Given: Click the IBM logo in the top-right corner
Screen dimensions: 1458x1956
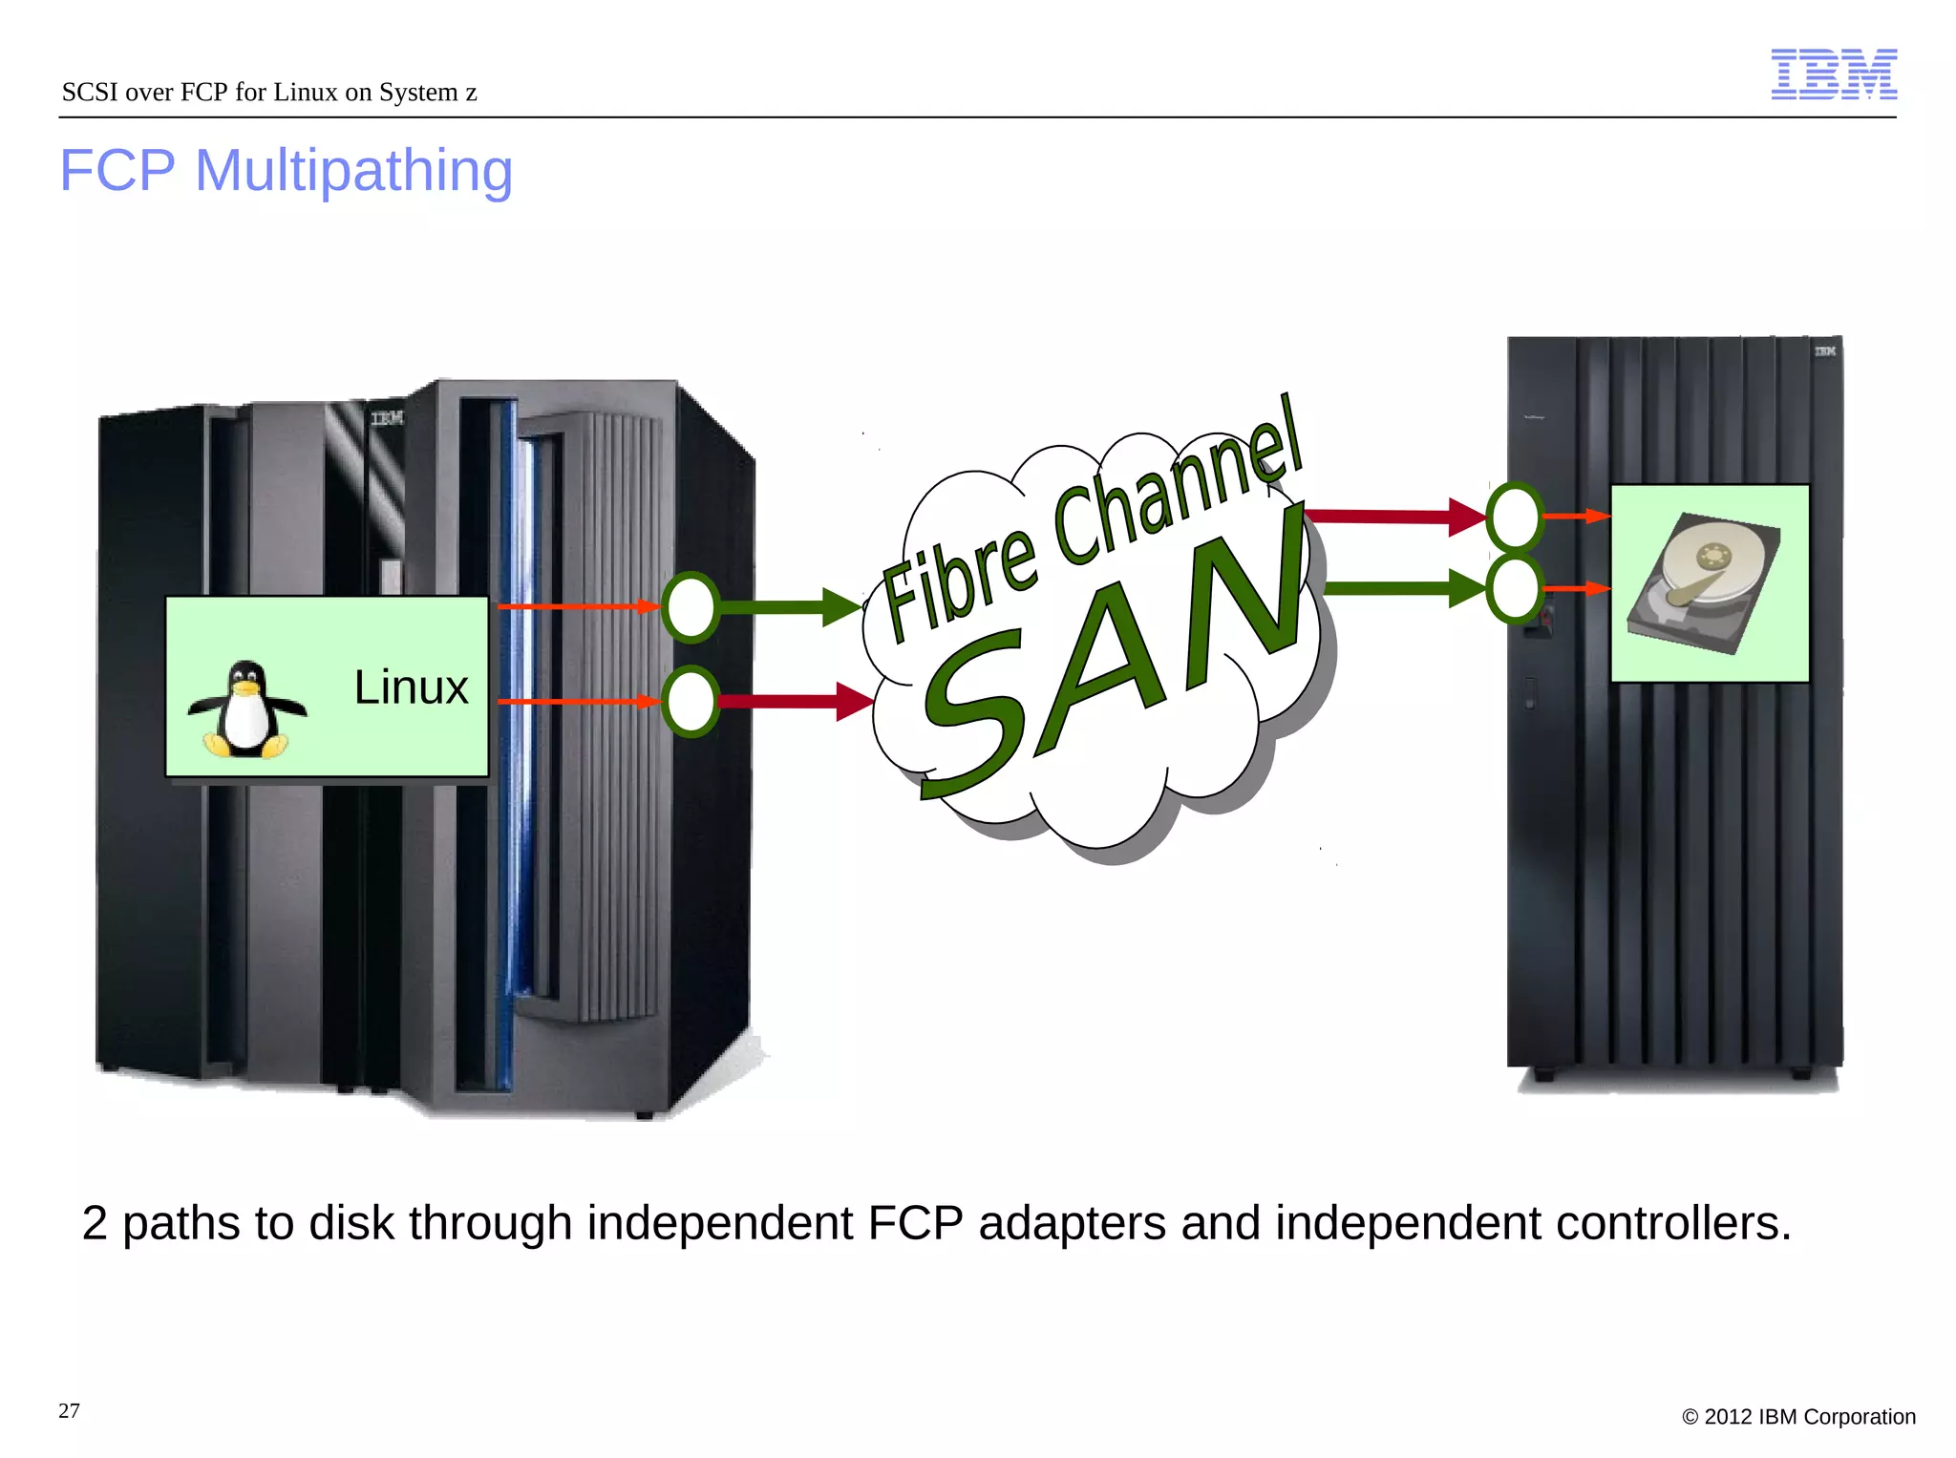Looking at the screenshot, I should point(1833,74).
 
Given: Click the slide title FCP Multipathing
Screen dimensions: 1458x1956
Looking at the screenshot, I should point(286,171).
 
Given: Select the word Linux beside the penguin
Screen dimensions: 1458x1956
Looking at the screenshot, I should point(411,687).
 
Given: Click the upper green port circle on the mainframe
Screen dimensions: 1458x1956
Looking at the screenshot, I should point(691,606).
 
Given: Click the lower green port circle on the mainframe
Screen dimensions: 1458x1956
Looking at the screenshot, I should point(691,702).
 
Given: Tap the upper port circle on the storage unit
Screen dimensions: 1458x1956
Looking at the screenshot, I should point(1515,517).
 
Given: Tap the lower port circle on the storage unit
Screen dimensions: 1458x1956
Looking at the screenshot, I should point(1515,588).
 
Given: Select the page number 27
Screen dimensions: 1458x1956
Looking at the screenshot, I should point(69,1411).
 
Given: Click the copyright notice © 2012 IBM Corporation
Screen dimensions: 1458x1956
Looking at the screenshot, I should point(1798,1417).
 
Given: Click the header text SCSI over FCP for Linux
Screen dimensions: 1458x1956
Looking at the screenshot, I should point(268,93).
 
